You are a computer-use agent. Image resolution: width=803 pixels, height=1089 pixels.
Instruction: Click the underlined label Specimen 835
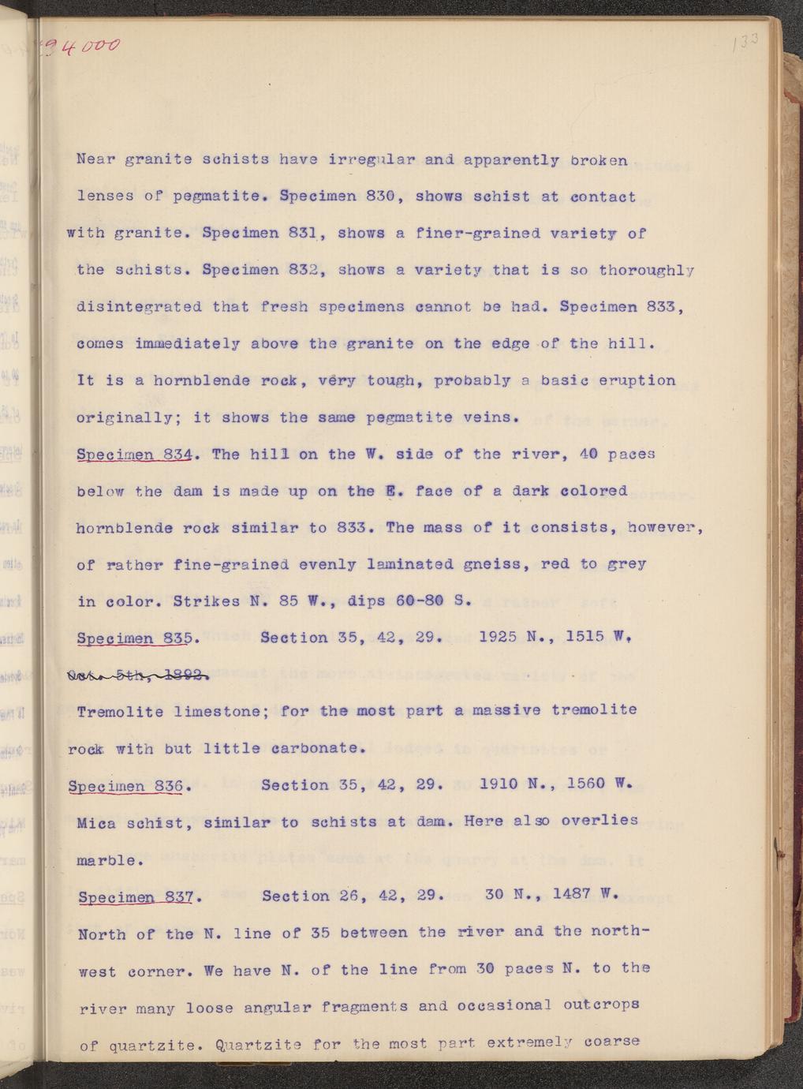point(135,638)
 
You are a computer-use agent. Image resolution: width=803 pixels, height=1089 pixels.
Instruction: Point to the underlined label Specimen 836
point(126,786)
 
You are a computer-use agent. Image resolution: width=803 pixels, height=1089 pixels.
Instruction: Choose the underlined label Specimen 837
point(136,896)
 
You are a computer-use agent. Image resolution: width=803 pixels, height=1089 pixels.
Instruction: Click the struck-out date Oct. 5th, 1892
point(139,675)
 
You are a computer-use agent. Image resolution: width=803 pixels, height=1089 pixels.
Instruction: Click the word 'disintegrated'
point(139,307)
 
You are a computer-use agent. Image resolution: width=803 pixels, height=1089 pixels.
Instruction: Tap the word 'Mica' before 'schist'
point(96,823)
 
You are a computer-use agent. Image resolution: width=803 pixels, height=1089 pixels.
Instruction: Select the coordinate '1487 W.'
point(584,895)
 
